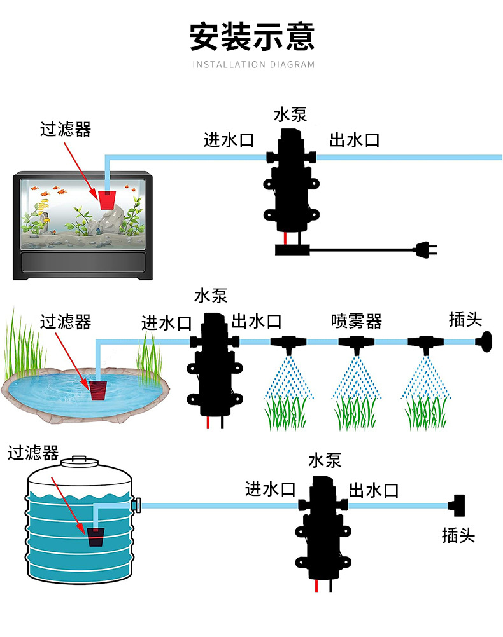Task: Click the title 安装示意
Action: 252,36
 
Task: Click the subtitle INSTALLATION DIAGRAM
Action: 253,64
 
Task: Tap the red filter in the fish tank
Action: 108,200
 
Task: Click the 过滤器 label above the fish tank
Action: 66,130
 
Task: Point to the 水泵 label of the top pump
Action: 290,114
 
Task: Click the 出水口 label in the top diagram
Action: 354,140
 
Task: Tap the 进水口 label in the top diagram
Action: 229,140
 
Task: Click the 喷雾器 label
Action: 357,321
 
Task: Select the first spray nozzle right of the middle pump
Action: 288,344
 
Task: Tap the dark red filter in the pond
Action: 97,390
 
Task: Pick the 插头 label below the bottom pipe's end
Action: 458,535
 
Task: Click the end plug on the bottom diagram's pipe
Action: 458,506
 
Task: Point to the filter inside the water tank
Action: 96,537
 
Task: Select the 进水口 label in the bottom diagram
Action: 271,490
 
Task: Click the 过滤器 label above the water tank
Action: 33,453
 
